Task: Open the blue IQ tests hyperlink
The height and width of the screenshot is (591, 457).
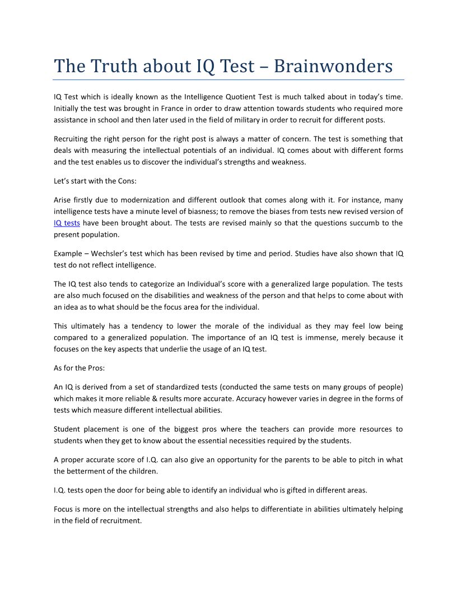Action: click(x=67, y=223)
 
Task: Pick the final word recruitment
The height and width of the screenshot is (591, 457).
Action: click(x=120, y=521)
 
